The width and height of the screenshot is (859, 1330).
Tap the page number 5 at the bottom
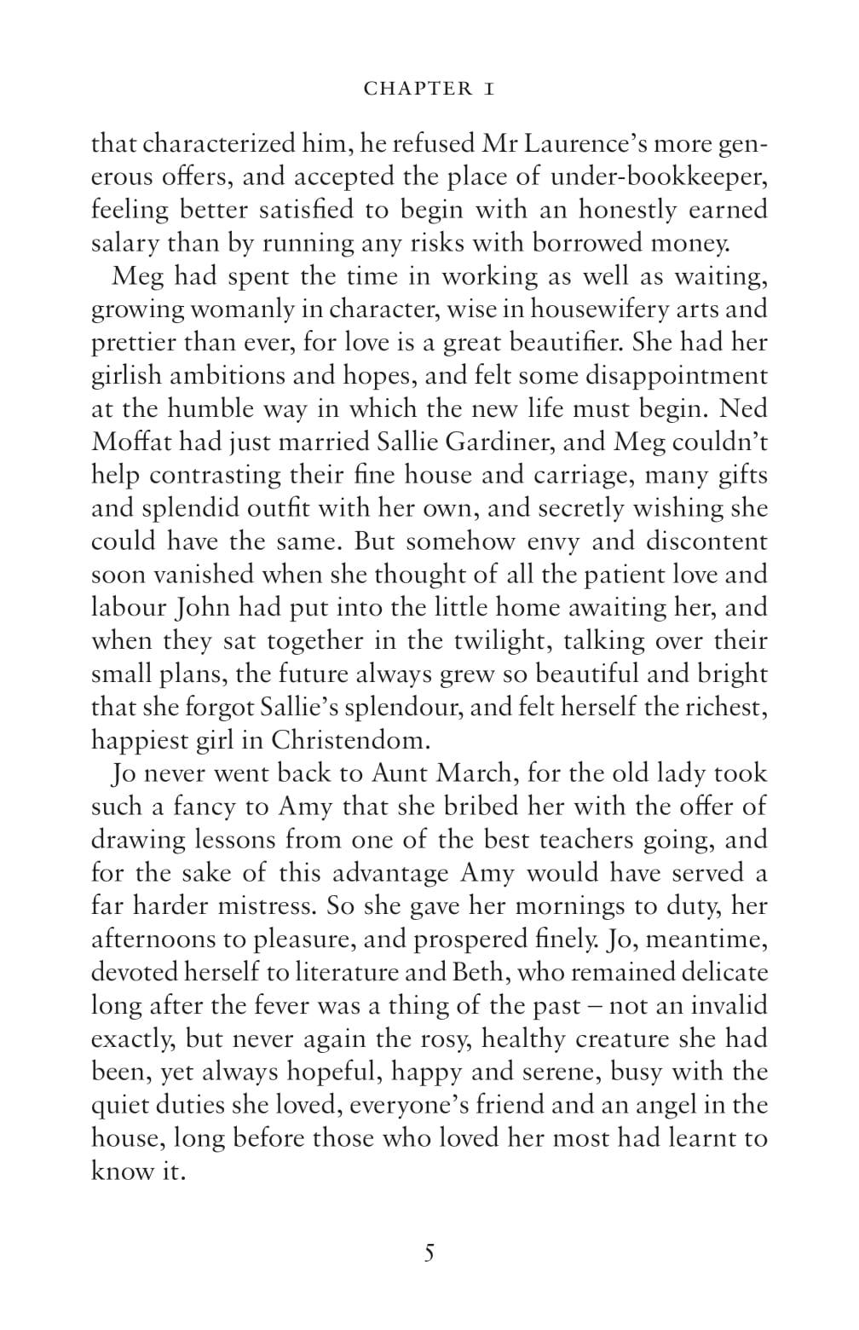click(429, 1252)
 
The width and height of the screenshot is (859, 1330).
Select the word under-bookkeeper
click(659, 176)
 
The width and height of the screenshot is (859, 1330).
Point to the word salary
click(125, 243)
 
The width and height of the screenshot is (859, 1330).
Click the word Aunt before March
click(400, 773)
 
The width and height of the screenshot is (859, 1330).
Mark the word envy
click(550, 541)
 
